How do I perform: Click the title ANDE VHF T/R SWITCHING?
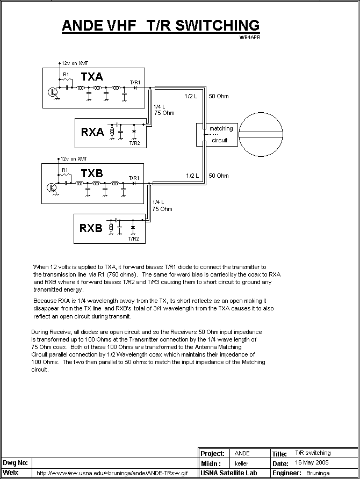tap(160, 25)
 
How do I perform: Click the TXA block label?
tap(92, 77)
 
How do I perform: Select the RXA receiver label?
tap(92, 132)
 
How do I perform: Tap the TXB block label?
tap(92, 173)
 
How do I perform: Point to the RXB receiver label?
tap(91, 228)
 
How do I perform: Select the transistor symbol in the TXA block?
tap(52, 92)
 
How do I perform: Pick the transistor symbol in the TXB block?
tap(52, 188)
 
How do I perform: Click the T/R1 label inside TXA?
tap(135, 82)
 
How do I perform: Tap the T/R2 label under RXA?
tap(134, 143)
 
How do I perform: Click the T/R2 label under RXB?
tap(133, 238)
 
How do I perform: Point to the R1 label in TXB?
tap(66, 170)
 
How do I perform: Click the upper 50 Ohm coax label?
tap(218, 96)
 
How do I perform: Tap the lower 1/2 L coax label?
tap(192, 176)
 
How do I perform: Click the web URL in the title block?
tap(112, 473)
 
